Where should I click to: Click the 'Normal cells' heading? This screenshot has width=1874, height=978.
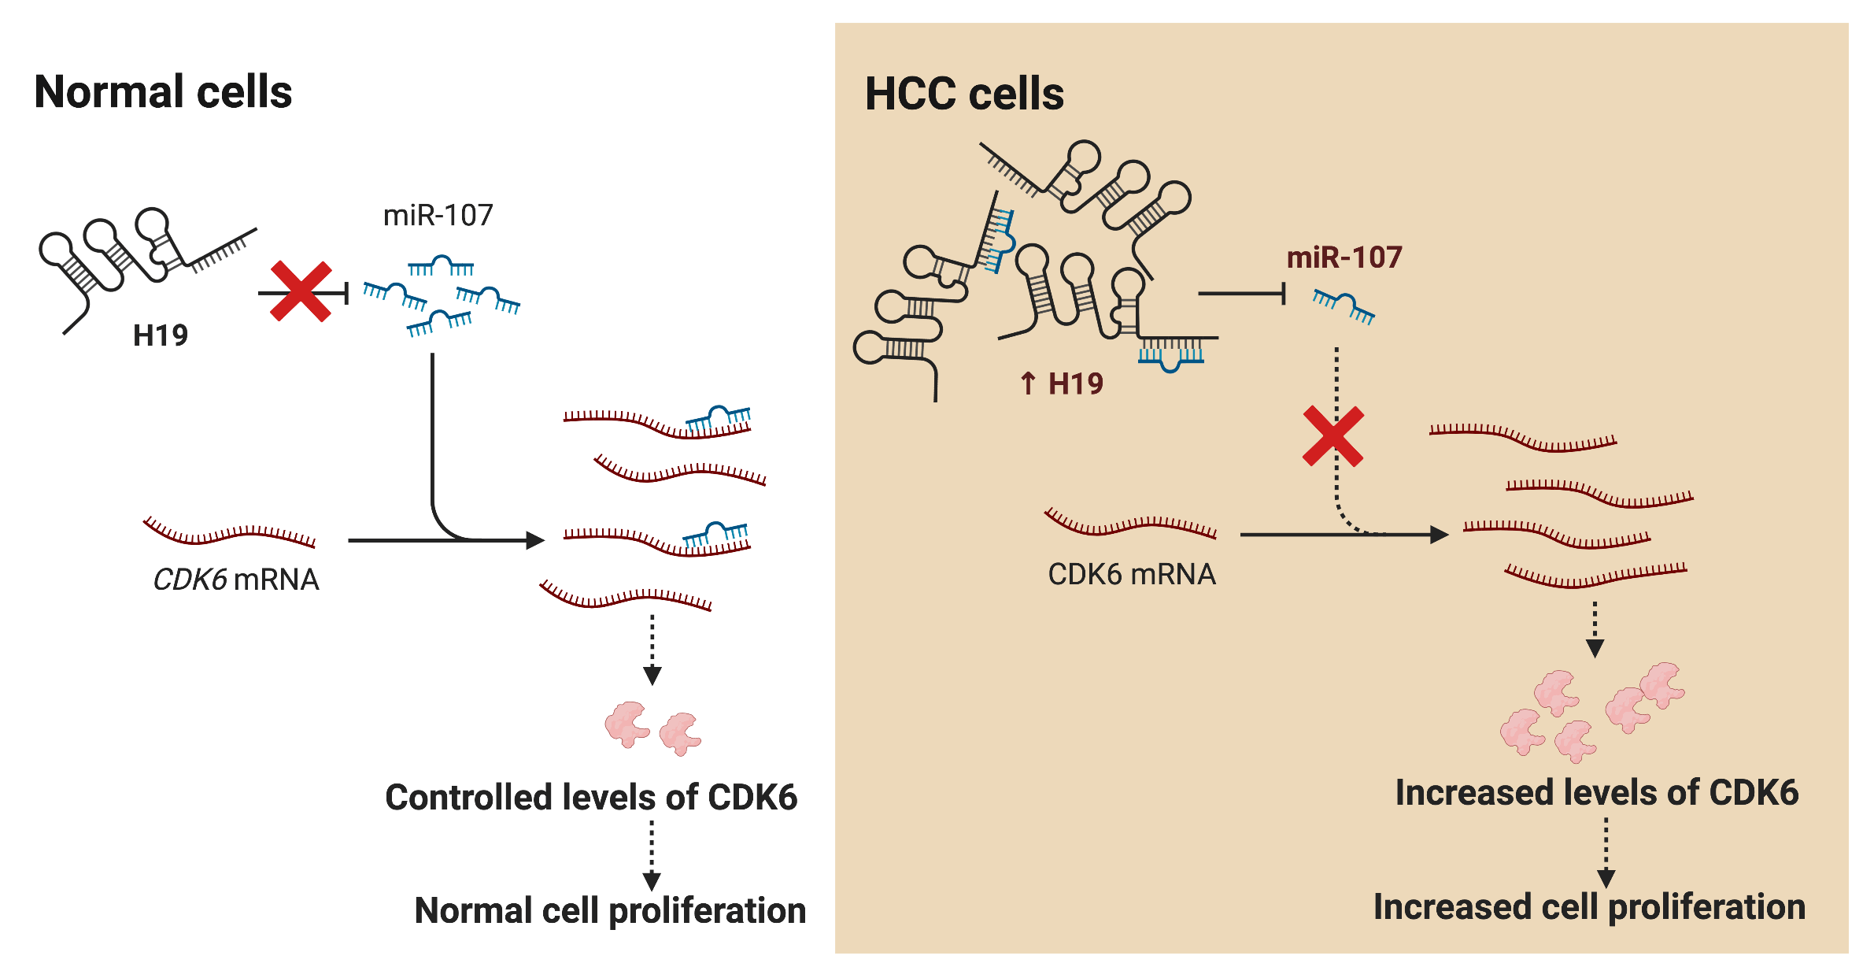[x=163, y=92]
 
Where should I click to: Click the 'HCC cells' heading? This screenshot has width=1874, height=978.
[x=964, y=94]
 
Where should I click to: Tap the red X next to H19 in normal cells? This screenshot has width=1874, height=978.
[x=301, y=292]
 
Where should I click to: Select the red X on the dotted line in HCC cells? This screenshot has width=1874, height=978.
[x=1333, y=436]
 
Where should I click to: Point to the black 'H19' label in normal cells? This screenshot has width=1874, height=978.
[x=161, y=335]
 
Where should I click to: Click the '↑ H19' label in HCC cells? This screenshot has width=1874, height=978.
[x=1062, y=384]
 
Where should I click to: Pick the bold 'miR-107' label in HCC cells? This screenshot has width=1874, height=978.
[x=1344, y=257]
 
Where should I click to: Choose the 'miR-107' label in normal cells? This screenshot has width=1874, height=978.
[x=438, y=215]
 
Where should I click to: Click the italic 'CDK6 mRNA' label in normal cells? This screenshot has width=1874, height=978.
[x=235, y=580]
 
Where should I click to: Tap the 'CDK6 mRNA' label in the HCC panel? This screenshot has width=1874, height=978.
[x=1132, y=574]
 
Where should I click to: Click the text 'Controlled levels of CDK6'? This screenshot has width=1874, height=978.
[x=591, y=797]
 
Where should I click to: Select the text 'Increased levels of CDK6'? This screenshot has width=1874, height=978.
[x=1597, y=792]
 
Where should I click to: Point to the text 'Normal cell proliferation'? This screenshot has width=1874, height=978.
[x=610, y=910]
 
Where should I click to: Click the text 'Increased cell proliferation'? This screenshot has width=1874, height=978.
[x=1589, y=907]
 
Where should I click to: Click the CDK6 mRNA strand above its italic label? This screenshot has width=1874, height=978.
[x=230, y=532]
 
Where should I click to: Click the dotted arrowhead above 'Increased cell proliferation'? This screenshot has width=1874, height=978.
[x=1606, y=878]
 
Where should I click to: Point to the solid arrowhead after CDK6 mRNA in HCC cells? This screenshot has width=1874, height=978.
[x=1439, y=535]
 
